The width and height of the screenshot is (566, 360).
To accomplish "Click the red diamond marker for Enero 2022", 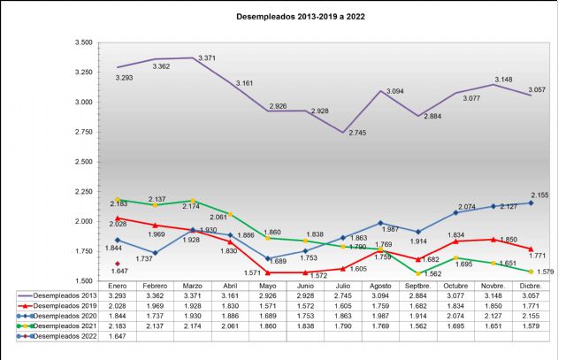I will [x=118, y=263].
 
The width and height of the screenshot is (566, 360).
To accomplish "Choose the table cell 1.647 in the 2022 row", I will [x=118, y=337].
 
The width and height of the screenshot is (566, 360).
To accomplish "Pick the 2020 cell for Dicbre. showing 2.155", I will [x=530, y=318].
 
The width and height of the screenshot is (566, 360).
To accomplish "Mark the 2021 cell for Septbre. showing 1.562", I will [x=417, y=327].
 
